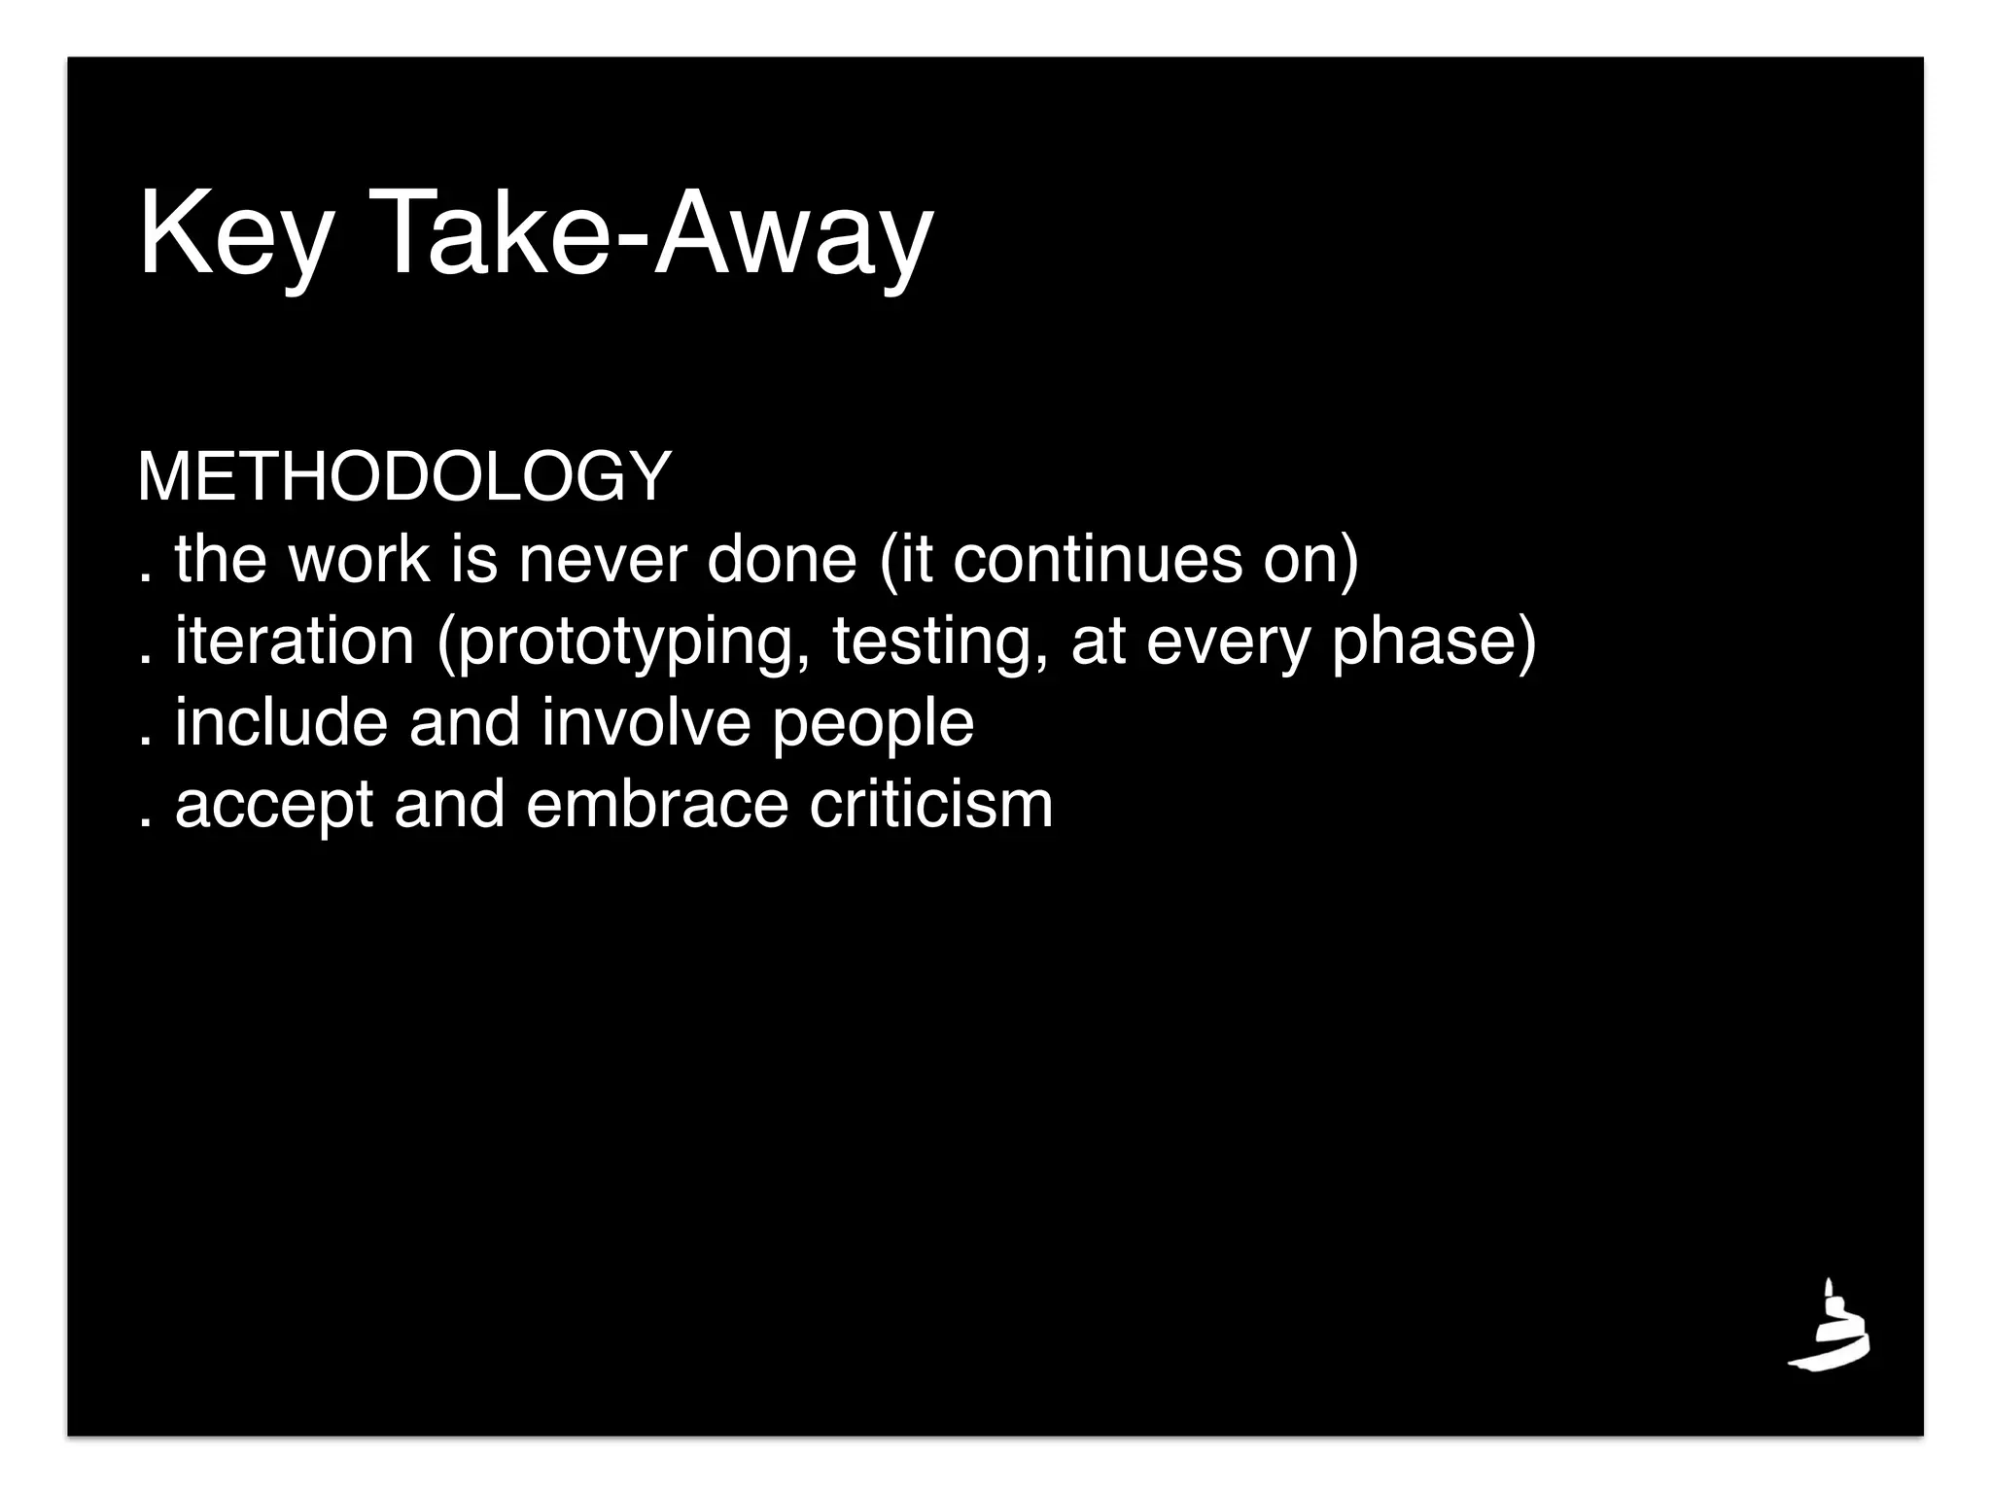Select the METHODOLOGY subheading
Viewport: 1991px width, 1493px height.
404,477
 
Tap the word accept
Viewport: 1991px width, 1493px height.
274,807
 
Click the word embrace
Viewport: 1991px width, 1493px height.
657,805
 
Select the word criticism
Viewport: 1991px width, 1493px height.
931,805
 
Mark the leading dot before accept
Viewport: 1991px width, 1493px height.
146,826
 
